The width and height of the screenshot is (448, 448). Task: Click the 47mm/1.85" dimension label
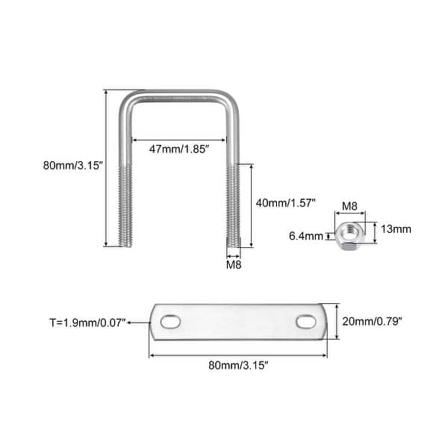click(179, 149)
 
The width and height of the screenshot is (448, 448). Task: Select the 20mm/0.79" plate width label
click(373, 322)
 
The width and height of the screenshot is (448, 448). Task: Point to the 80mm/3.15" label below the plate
click(238, 366)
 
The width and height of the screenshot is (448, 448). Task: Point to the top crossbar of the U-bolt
click(179, 94)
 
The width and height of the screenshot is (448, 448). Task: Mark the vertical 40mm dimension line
click(252, 205)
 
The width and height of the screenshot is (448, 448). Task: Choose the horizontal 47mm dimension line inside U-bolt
click(179, 139)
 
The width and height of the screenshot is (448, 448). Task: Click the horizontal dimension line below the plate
click(238, 355)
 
